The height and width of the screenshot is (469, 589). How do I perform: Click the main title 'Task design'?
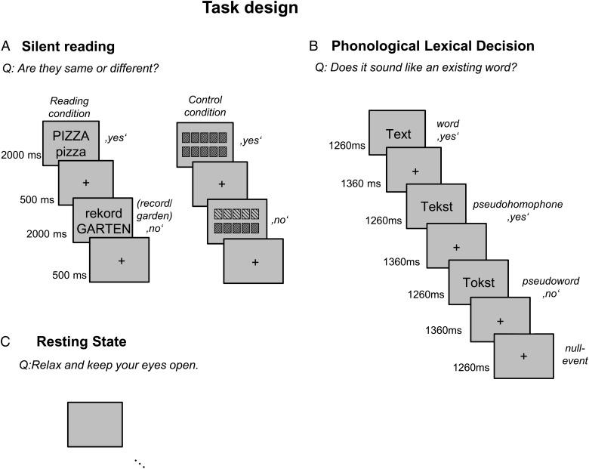click(x=239, y=10)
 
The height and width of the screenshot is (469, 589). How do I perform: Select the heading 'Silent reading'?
click(x=68, y=47)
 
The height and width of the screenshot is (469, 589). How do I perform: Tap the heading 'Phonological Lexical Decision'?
click(x=433, y=47)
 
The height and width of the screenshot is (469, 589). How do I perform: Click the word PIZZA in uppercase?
click(x=72, y=137)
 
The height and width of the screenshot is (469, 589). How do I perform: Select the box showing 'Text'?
click(x=398, y=134)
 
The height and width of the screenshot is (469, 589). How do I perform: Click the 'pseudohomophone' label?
click(x=510, y=205)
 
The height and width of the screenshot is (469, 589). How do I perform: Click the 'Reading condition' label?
click(x=70, y=107)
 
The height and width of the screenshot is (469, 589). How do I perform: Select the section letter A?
click(x=7, y=47)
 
